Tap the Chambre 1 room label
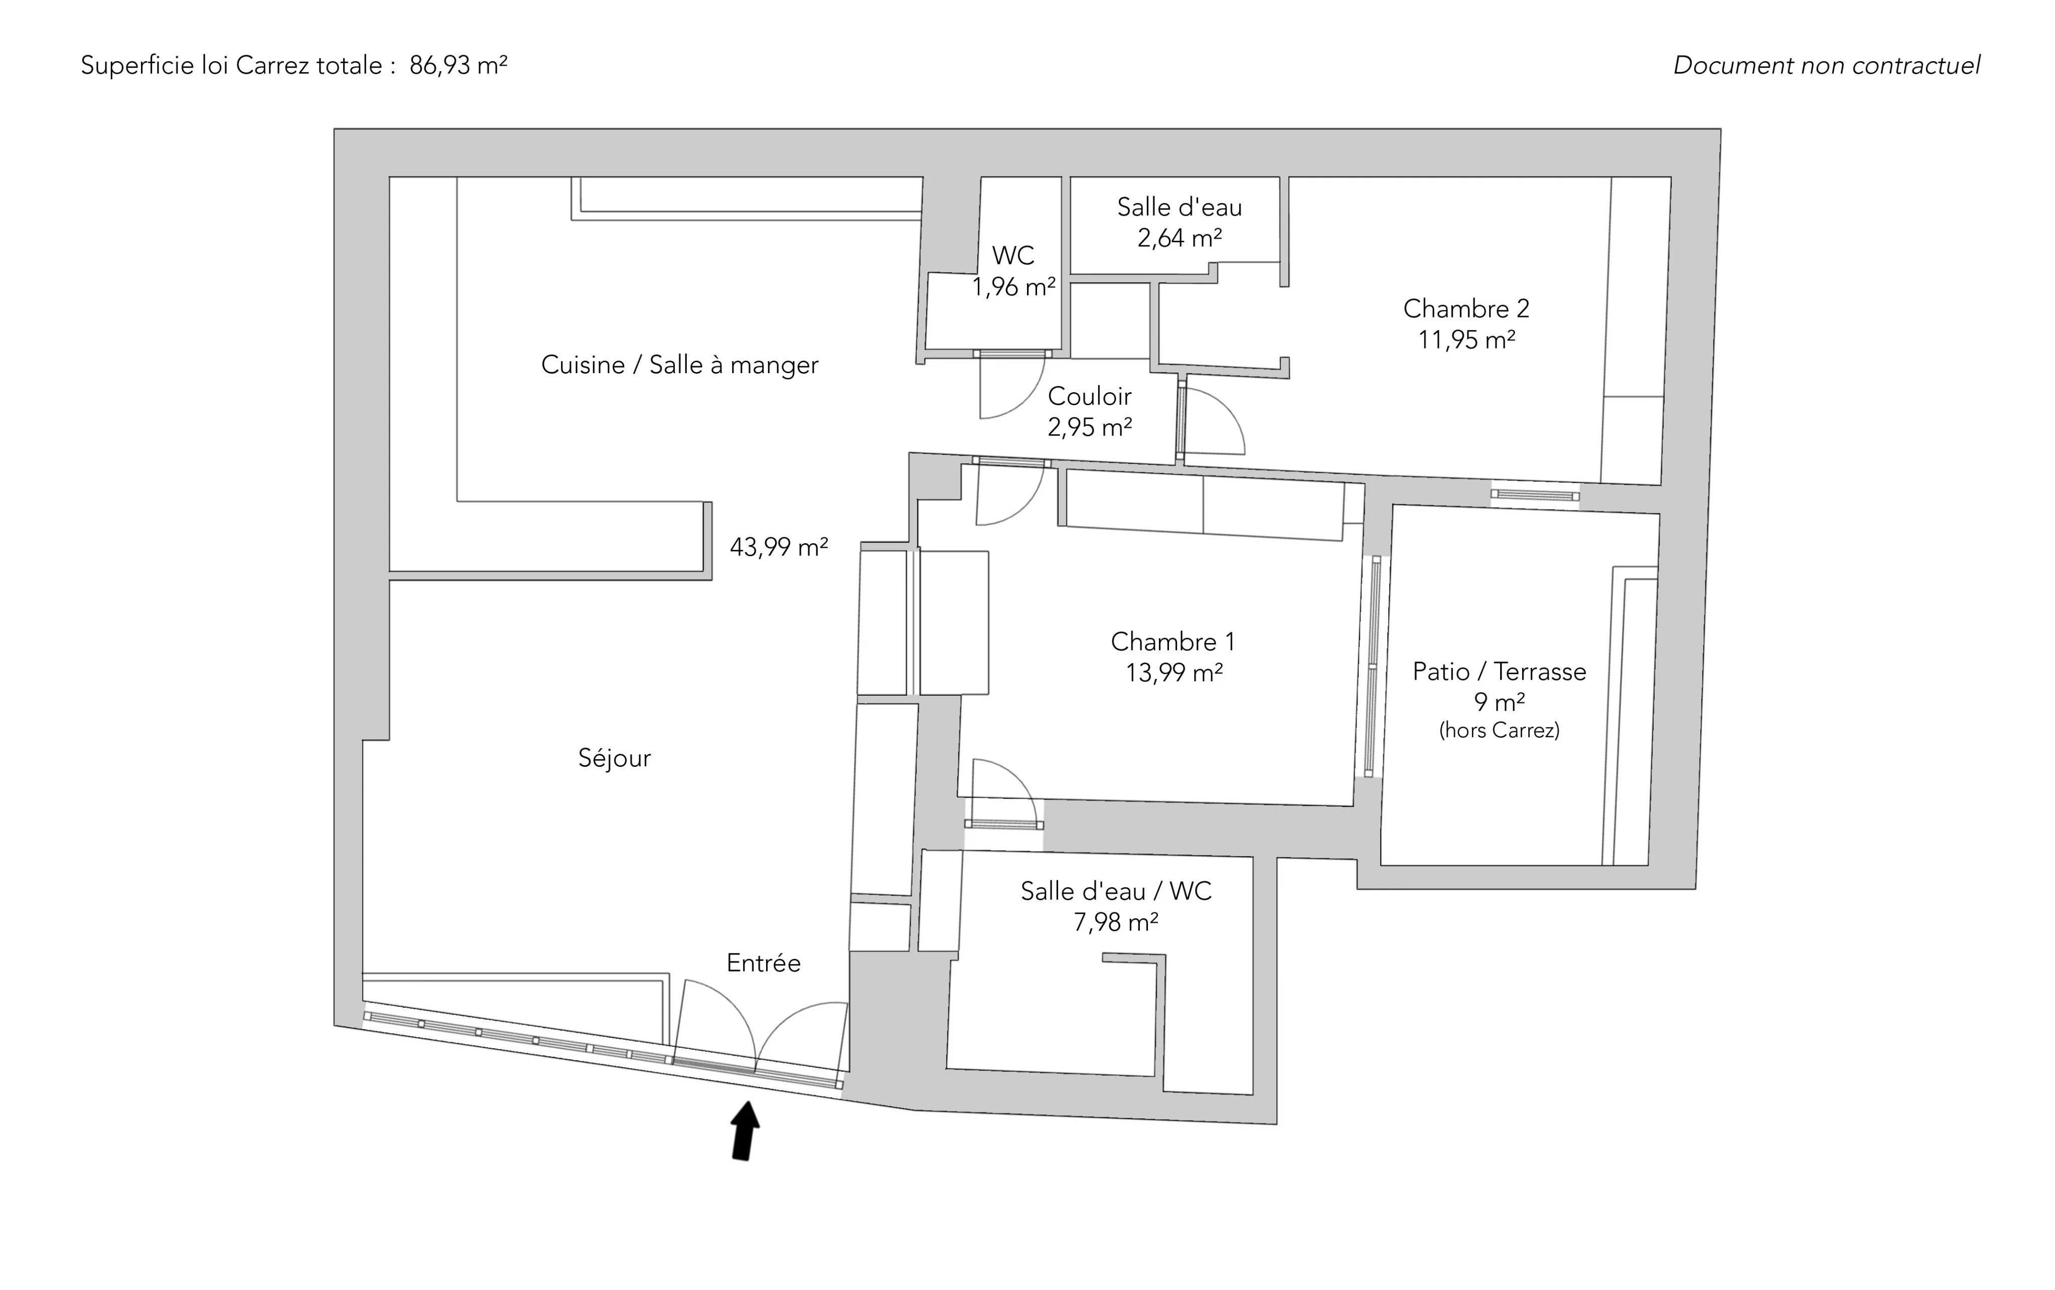coord(1172,641)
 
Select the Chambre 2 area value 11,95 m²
coord(1466,341)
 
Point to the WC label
coord(1013,255)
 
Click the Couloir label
coord(1089,396)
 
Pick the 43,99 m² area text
coord(778,547)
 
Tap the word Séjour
coord(615,758)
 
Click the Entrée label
coord(763,963)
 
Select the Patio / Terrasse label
coord(1499,672)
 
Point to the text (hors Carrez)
coord(1499,730)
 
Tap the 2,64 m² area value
coord(1180,238)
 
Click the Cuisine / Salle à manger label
coord(679,365)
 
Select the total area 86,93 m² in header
coord(458,66)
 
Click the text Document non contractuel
coord(1826,66)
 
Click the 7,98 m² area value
coord(1115,922)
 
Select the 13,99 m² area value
coord(1173,673)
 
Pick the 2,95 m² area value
coord(1089,427)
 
